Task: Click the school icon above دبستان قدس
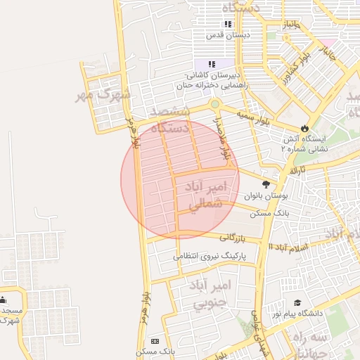pyautogui.click(x=228, y=24)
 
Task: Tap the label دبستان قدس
pyautogui.click(x=228, y=34)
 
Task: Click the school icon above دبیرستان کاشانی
pyautogui.click(x=212, y=64)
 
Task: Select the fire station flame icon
pyautogui.click(x=304, y=129)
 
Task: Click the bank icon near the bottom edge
pyautogui.click(x=155, y=341)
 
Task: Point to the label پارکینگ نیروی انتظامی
pyautogui.click(x=211, y=257)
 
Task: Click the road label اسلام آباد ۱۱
pyautogui.click(x=288, y=247)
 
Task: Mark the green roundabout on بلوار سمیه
pyautogui.click(x=215, y=104)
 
